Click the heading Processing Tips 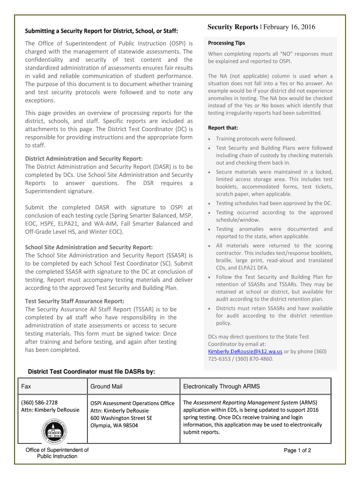click(226, 43)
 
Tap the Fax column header click(26, 386)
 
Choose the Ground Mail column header click(106, 386)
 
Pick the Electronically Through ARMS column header click(221, 386)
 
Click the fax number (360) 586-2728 click(40, 402)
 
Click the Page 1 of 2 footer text click(297, 450)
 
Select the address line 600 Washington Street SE click(121, 418)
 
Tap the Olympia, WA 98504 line click(114, 425)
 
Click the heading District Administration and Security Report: click(84, 159)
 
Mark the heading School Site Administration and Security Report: click(89, 247)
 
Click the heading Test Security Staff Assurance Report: click(74, 301)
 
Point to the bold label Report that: click(223, 128)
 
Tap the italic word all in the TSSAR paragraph click(69, 318)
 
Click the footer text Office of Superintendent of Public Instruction click(57, 453)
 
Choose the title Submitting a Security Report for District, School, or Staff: click(101, 31)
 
